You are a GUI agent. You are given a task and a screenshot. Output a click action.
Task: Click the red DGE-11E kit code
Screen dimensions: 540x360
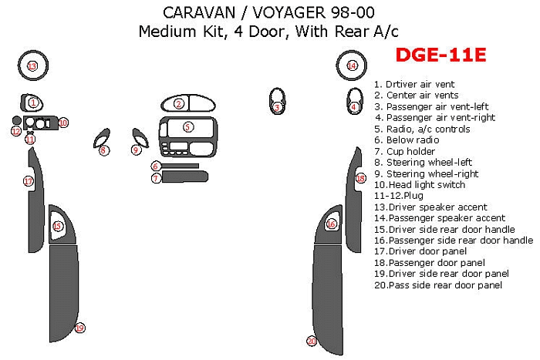440,55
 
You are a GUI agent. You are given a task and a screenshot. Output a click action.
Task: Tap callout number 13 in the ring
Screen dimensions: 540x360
32,66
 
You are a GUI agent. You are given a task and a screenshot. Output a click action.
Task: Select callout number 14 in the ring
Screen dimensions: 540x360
352,66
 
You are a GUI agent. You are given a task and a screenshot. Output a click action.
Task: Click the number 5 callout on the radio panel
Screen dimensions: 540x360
187,127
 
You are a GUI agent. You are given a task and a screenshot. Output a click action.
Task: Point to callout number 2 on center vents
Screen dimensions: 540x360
178,103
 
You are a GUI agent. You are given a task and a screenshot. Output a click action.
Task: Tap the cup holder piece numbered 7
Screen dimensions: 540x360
185,177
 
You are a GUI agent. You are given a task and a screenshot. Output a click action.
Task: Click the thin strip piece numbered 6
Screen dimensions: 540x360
180,166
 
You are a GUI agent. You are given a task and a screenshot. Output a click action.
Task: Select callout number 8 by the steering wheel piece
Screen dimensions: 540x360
103,150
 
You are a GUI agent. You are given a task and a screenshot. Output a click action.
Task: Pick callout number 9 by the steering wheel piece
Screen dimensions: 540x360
136,150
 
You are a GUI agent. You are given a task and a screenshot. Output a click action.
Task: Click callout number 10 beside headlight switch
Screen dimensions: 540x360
63,123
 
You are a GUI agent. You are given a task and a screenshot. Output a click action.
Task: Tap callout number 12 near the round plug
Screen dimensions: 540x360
16,131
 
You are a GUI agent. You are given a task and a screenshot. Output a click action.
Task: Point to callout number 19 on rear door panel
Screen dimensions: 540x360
80,328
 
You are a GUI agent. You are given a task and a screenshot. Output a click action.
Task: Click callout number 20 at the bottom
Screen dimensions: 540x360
312,341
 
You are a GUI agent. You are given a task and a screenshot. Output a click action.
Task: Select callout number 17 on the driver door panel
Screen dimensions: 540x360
29,181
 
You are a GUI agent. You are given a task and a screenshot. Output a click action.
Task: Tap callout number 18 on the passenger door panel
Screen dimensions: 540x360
360,178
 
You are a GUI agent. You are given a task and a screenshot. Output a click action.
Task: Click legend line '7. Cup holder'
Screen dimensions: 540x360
405,151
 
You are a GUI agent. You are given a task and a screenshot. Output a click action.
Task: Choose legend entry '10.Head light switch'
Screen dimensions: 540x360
420,185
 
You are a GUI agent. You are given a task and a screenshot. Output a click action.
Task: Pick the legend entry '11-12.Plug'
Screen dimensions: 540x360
399,196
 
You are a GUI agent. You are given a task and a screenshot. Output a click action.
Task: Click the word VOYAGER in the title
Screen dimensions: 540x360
289,13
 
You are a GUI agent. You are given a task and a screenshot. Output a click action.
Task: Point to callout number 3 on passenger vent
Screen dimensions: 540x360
277,108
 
